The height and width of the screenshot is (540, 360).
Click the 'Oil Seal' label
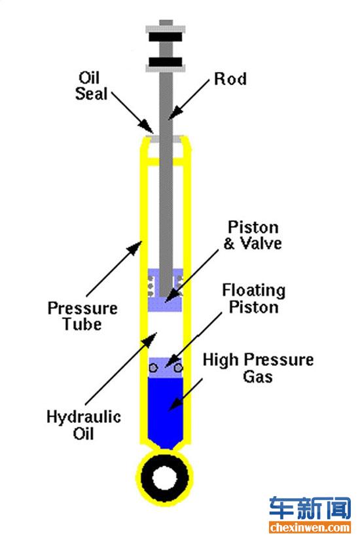[91, 86]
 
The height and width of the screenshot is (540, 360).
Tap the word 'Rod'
[230, 79]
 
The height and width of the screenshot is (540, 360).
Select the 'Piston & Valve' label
[253, 235]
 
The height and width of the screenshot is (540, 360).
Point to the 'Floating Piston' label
[253, 298]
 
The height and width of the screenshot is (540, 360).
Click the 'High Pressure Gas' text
[258, 368]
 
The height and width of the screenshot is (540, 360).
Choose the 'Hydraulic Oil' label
[84, 425]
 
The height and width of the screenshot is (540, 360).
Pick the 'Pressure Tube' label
[82, 316]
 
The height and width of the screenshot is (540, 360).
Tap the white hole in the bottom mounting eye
[164, 478]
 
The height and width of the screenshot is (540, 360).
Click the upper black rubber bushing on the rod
[166, 37]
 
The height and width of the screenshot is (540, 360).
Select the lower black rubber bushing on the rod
[166, 62]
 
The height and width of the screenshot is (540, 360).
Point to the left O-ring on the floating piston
[154, 368]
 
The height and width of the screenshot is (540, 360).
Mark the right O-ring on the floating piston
[177, 368]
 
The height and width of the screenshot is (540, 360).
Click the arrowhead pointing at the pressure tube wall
[135, 247]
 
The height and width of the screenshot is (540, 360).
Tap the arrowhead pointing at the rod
[175, 113]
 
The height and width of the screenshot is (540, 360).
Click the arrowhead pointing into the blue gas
[175, 403]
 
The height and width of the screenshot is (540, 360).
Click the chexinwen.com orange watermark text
[310, 528]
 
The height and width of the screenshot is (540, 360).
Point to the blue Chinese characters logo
[310, 509]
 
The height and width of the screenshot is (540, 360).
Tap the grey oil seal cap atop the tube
[166, 139]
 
